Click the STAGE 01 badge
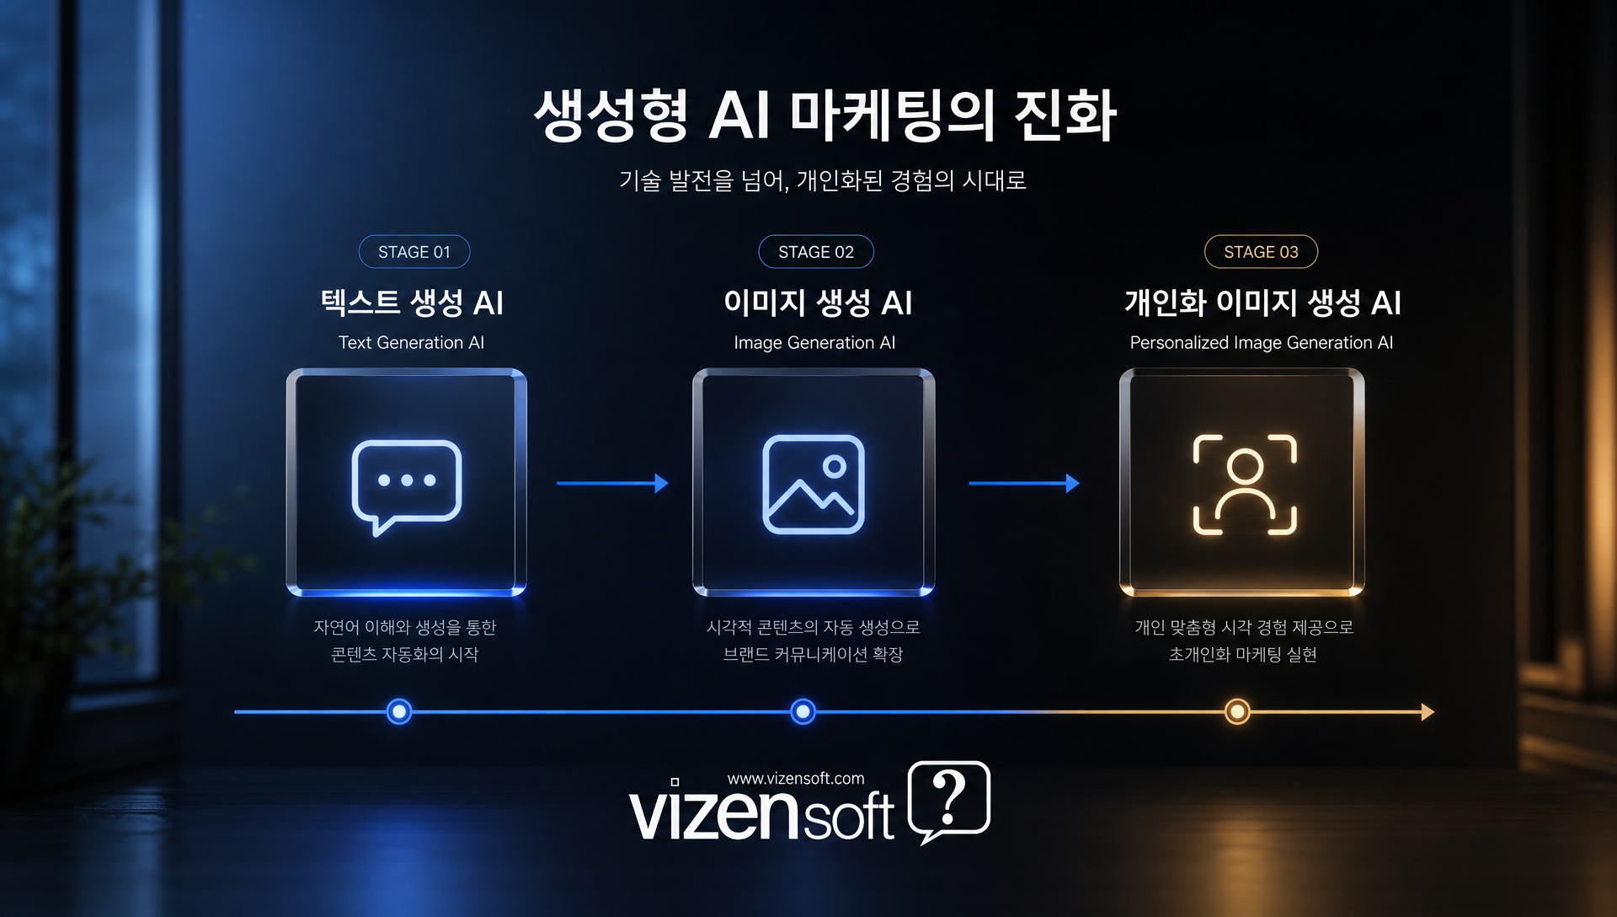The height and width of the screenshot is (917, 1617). (x=414, y=251)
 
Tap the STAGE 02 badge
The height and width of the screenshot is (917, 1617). (x=816, y=251)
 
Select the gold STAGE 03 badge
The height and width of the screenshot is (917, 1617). (x=1261, y=251)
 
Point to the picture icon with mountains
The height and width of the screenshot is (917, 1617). (x=814, y=484)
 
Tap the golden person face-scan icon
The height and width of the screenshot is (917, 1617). (x=1245, y=485)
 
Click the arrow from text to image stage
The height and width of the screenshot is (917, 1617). (x=612, y=483)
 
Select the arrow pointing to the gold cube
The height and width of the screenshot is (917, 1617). (x=1024, y=483)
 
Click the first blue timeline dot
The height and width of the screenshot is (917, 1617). (x=399, y=712)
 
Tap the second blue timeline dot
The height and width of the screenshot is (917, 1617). (x=803, y=712)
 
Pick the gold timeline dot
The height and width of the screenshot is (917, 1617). (x=1237, y=712)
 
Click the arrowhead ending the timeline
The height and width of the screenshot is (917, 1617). (x=1428, y=712)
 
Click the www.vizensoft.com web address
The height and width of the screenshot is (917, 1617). (x=796, y=779)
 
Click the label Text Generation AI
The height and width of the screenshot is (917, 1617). (x=411, y=342)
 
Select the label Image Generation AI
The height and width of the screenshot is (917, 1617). (x=814, y=343)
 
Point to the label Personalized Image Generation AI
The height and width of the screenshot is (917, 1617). (x=1262, y=343)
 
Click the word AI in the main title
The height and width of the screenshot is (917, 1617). (x=739, y=115)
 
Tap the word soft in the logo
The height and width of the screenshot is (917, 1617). (x=848, y=815)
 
